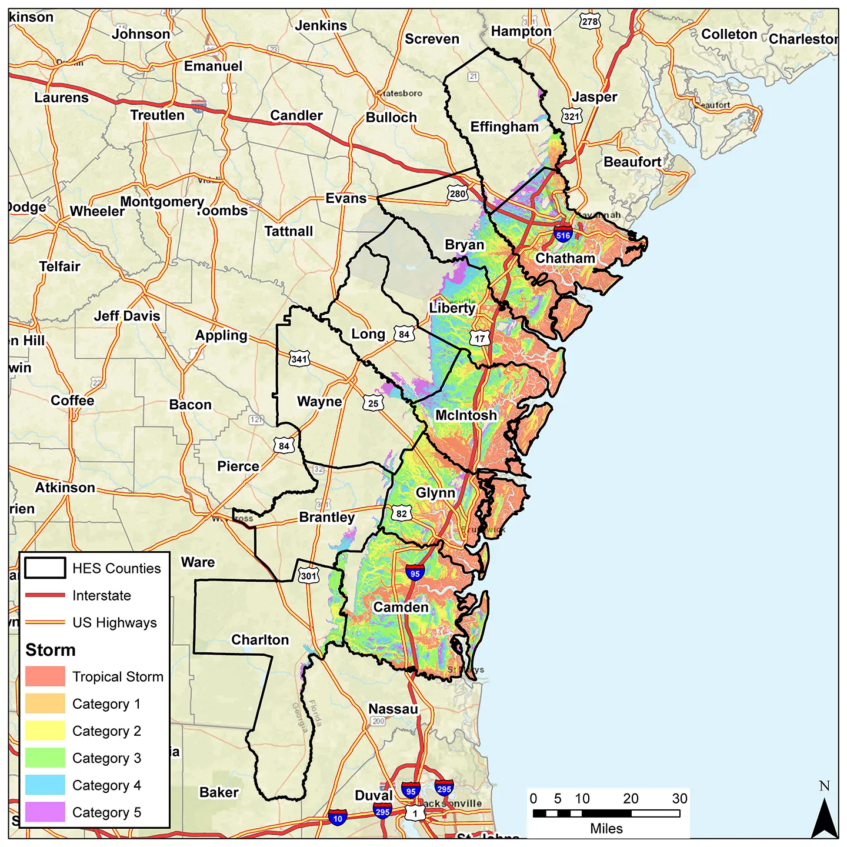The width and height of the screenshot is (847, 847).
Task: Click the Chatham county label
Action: [565, 258]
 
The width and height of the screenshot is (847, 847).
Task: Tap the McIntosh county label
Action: [466, 415]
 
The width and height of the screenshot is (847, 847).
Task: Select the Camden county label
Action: [401, 607]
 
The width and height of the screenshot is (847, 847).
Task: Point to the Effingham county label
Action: [504, 127]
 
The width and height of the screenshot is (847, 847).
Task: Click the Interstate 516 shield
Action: [563, 234]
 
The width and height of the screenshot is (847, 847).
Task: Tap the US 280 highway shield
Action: [457, 194]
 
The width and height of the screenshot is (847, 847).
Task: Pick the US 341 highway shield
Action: [299, 358]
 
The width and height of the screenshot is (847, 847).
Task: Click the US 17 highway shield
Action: [480, 338]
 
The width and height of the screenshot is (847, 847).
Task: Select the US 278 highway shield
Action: [589, 22]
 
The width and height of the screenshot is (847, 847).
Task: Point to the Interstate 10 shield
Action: [337, 818]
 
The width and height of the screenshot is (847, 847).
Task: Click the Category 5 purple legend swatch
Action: [45, 812]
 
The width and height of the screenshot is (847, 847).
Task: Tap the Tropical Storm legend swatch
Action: [45, 676]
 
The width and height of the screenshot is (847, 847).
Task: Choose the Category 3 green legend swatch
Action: [45, 758]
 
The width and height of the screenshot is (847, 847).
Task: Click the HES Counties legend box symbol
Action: [45, 568]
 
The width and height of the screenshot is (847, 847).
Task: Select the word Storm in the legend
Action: [51, 650]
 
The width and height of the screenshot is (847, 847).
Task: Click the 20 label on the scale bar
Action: [631, 798]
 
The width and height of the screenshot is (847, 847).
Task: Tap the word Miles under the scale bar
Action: [606, 829]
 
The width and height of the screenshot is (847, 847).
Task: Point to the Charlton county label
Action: [260, 640]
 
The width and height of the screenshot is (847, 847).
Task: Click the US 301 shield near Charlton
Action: [308, 575]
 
